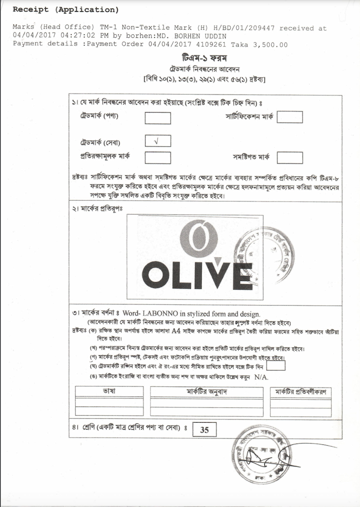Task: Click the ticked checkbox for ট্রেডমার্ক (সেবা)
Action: (x=157, y=141)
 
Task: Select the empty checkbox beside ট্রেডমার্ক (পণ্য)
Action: (x=157, y=118)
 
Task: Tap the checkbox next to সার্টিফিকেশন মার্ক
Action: (x=290, y=117)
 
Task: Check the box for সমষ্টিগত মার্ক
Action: (x=290, y=157)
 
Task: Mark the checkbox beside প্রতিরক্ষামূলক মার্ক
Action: (x=157, y=157)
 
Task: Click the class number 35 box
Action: (x=204, y=430)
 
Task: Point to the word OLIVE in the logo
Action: (x=197, y=275)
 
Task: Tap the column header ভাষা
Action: (x=109, y=391)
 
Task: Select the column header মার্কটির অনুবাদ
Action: (x=207, y=392)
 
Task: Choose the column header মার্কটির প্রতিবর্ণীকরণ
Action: (x=301, y=392)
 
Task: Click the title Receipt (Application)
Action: (x=66, y=10)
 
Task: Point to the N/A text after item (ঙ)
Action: (x=261, y=377)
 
